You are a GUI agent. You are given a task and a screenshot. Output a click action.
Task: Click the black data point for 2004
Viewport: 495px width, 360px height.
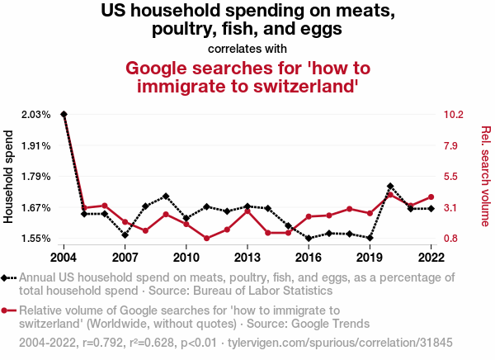pyautogui.click(x=64, y=114)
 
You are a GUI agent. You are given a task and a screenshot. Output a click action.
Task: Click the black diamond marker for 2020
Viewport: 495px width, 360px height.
pyautogui.click(x=390, y=187)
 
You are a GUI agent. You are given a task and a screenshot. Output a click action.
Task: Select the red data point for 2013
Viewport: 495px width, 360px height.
pyautogui.click(x=247, y=211)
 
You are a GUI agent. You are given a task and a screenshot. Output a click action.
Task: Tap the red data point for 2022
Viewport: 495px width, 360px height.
pyautogui.click(x=431, y=197)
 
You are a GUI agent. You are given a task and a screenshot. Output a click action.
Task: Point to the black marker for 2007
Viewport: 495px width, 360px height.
pyautogui.click(x=125, y=235)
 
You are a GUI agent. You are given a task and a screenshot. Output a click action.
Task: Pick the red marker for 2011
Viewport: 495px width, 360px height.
pyautogui.click(x=206, y=239)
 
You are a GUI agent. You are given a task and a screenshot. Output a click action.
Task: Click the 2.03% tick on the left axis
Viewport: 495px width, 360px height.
pyautogui.click(x=36, y=114)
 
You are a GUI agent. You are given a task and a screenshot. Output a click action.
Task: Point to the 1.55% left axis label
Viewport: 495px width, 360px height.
pyautogui.click(x=36, y=239)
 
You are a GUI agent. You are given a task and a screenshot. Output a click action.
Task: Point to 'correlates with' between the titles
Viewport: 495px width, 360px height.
pyautogui.click(x=247, y=49)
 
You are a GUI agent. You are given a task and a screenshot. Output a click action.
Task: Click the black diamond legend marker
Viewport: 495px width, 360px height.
pyautogui.click(x=7, y=278)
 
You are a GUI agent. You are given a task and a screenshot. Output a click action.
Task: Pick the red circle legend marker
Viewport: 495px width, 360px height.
pyautogui.click(x=7, y=310)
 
